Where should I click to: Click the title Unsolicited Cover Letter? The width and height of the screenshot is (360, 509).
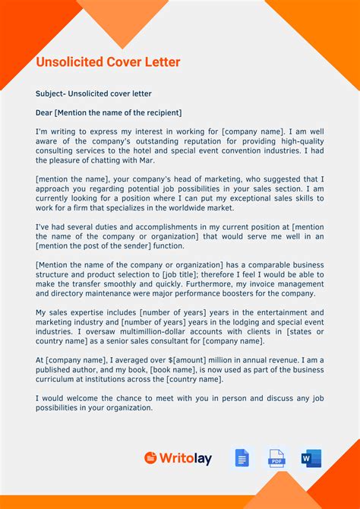pos(108,62)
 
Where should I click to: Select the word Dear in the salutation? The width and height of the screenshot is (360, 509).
pos(44,113)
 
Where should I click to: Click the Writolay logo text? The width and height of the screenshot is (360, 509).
pos(185,458)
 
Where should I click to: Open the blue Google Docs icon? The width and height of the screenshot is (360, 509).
pos(242,458)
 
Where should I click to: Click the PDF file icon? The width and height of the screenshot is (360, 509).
pos(276,458)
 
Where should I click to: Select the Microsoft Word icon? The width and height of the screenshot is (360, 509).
pos(311,458)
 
